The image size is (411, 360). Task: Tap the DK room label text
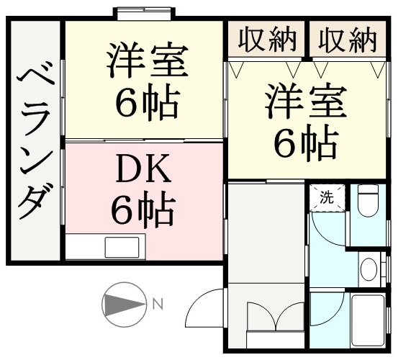point(144,169)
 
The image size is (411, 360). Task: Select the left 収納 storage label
point(267,40)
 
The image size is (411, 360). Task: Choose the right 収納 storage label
point(348,40)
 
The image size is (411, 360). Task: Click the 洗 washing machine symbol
point(327,197)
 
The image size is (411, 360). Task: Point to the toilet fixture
point(369,200)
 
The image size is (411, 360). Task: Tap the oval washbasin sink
point(369,269)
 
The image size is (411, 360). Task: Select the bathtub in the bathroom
point(368,320)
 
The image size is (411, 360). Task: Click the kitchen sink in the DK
point(122,247)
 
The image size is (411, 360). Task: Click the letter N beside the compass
point(158,304)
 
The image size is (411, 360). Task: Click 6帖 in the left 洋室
point(148,102)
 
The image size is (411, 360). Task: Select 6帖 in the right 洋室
point(306,142)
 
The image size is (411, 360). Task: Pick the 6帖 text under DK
point(143,210)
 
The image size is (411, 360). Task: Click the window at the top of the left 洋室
point(144,13)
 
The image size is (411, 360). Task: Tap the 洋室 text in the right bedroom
point(306,100)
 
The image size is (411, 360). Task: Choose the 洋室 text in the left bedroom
point(148,60)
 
